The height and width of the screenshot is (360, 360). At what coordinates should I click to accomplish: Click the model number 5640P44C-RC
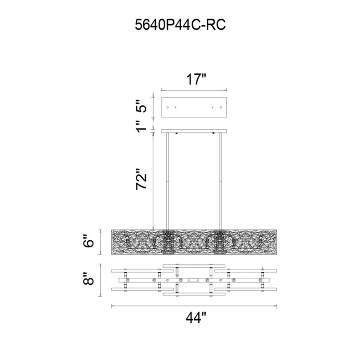180,25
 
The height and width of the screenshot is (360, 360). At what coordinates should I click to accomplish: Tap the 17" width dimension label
196,79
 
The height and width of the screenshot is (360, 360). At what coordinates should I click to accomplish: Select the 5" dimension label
141,106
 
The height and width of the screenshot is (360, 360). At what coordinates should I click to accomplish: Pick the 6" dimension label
88,240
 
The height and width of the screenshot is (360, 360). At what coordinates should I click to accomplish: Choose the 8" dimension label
88,278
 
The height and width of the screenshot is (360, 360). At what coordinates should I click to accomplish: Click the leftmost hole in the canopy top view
168,108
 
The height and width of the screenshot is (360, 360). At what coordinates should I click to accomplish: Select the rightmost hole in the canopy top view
221,108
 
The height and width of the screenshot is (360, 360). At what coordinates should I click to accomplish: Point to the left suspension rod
168,181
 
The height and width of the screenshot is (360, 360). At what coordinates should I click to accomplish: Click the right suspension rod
220,181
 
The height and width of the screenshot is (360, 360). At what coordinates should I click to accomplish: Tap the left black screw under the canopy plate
176,133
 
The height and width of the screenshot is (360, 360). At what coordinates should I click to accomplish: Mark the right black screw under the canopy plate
213,133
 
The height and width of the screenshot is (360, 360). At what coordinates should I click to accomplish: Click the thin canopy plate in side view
194,131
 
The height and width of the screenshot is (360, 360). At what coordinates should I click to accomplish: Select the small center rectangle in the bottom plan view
193,280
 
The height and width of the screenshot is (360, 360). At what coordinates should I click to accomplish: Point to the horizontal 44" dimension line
194,306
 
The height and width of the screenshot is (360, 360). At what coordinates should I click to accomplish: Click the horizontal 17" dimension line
194,90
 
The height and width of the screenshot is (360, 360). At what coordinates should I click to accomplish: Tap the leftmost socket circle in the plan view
128,280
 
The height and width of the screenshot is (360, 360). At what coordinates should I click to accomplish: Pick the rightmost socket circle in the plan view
260,280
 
